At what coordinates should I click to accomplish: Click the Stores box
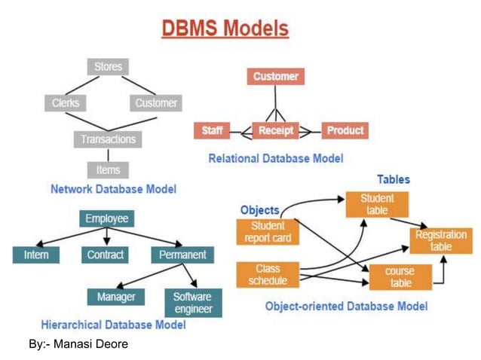pyautogui.click(x=108, y=67)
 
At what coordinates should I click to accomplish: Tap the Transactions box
pyautogui.click(x=108, y=139)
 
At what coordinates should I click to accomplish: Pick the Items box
pyautogui.click(x=108, y=169)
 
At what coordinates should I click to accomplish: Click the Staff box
pyautogui.click(x=212, y=130)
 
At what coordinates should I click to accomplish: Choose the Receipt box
pyautogui.click(x=274, y=130)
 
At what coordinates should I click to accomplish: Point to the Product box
pyautogui.click(x=345, y=130)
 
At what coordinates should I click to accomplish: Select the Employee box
pyautogui.click(x=106, y=218)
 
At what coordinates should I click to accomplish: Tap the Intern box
pyautogui.click(x=35, y=255)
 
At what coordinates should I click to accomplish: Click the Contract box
pyautogui.click(x=106, y=255)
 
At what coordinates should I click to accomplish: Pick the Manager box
pyautogui.click(x=116, y=297)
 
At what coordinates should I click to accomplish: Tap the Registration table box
pyautogui.click(x=441, y=241)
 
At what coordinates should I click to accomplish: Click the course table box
pyautogui.click(x=400, y=277)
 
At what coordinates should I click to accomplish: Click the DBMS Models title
pyautogui.click(x=225, y=29)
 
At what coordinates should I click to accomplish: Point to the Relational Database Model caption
pyautogui.click(x=275, y=158)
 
